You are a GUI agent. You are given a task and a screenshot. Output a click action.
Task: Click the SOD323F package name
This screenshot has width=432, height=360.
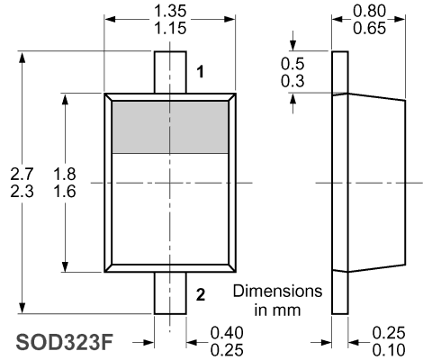(x=65, y=342)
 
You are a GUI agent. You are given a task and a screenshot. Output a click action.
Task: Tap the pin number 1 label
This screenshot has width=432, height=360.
(x=200, y=72)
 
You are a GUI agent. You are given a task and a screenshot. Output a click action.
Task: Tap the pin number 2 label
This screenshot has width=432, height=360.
(x=201, y=294)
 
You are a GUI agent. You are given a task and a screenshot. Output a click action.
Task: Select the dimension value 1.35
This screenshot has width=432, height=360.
(x=170, y=12)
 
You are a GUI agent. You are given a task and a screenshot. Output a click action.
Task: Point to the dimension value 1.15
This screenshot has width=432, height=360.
(x=170, y=28)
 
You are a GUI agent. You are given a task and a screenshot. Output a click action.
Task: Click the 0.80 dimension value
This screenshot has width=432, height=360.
(x=369, y=12)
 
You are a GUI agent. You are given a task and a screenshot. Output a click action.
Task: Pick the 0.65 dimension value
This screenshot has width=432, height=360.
(x=369, y=28)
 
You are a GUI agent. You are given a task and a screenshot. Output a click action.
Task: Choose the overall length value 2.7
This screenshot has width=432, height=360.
(x=22, y=174)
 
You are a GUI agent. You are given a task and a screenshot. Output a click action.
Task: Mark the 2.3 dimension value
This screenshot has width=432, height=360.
(x=22, y=192)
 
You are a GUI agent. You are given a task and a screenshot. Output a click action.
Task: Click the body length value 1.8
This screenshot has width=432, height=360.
(x=65, y=174)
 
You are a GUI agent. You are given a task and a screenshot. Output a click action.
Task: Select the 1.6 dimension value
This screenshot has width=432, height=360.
(x=65, y=192)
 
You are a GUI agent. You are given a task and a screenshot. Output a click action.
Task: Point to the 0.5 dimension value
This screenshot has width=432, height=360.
(x=292, y=64)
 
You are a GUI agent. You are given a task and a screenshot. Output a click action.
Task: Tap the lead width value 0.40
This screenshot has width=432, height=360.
(x=227, y=333)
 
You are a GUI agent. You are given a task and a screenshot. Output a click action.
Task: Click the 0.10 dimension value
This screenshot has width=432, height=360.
(x=389, y=350)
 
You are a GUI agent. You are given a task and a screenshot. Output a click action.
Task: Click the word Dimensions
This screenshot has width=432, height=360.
(x=278, y=292)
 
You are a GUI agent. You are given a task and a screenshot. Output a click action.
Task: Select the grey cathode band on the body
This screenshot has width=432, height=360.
(x=170, y=127)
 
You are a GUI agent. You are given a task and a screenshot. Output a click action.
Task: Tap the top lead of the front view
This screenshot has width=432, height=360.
(x=170, y=72)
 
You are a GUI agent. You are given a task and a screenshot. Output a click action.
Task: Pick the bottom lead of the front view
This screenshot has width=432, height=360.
(x=170, y=293)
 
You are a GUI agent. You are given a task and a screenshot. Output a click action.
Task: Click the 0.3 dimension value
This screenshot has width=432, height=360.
(x=292, y=81)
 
